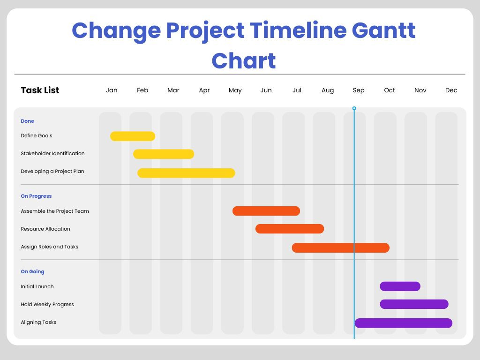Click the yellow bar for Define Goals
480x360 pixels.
click(133, 136)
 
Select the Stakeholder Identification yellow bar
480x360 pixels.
click(164, 154)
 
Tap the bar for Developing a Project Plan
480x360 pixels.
click(186, 173)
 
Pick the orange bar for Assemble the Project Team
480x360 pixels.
click(266, 211)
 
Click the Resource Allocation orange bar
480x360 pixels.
click(290, 229)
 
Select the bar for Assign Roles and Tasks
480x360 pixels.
click(341, 247)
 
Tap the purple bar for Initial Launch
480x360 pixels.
click(400, 286)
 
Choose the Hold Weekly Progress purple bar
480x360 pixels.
click(414, 304)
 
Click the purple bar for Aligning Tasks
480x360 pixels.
click(404, 323)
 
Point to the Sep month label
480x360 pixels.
click(359, 90)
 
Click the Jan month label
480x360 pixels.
click(112, 90)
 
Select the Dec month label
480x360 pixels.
click(451, 90)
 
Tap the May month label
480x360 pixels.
click(235, 90)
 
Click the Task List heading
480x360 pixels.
click(40, 90)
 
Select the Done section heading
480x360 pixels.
click(27, 121)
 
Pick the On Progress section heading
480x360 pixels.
click(36, 196)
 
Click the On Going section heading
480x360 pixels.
click(32, 271)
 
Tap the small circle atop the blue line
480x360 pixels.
click(354, 108)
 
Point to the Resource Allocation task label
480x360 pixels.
click(45, 229)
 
